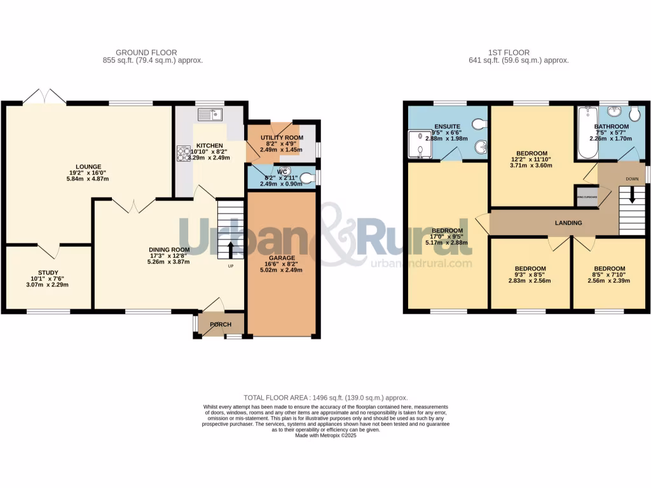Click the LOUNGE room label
coord(90,167)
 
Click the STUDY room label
coord(48,272)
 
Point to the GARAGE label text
coord(280,256)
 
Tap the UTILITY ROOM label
coord(281,137)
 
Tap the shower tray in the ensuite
coord(420,143)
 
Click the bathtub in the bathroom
coord(585,133)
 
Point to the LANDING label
coord(568,223)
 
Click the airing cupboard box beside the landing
coord(587,196)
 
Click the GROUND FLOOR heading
coord(146,53)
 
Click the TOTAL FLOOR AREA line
coord(326,397)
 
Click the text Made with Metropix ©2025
coord(326,435)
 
